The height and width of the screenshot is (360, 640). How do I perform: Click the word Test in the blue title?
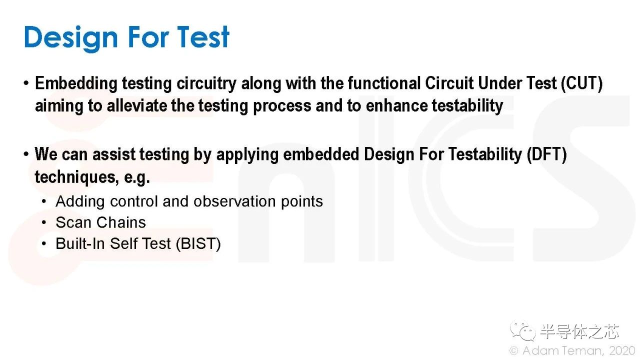pos(203,37)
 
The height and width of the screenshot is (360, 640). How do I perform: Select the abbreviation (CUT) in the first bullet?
pos(581,83)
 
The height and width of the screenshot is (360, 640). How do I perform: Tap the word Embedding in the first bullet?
pos(76,84)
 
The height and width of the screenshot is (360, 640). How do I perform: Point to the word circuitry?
pos(206,84)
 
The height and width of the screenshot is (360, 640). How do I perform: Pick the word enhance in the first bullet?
pos(396,105)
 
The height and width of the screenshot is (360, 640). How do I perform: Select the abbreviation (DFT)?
pos(546,154)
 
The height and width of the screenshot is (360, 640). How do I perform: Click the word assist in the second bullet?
pos(113,154)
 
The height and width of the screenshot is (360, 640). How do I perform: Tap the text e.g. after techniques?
pos(137,177)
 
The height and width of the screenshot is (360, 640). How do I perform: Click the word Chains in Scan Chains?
pos(121,222)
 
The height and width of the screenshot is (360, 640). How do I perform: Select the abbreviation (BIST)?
pos(198,243)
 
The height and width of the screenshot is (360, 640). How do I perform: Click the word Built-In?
pos(80,243)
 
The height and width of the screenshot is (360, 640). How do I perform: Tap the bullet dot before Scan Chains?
pos(43,222)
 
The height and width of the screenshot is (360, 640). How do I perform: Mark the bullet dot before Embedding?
pos(26,83)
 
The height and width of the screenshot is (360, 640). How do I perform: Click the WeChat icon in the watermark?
pos(523,331)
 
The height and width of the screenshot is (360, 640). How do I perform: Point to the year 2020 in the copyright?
pos(622,350)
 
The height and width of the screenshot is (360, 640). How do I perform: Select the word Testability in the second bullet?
pos(485,154)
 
